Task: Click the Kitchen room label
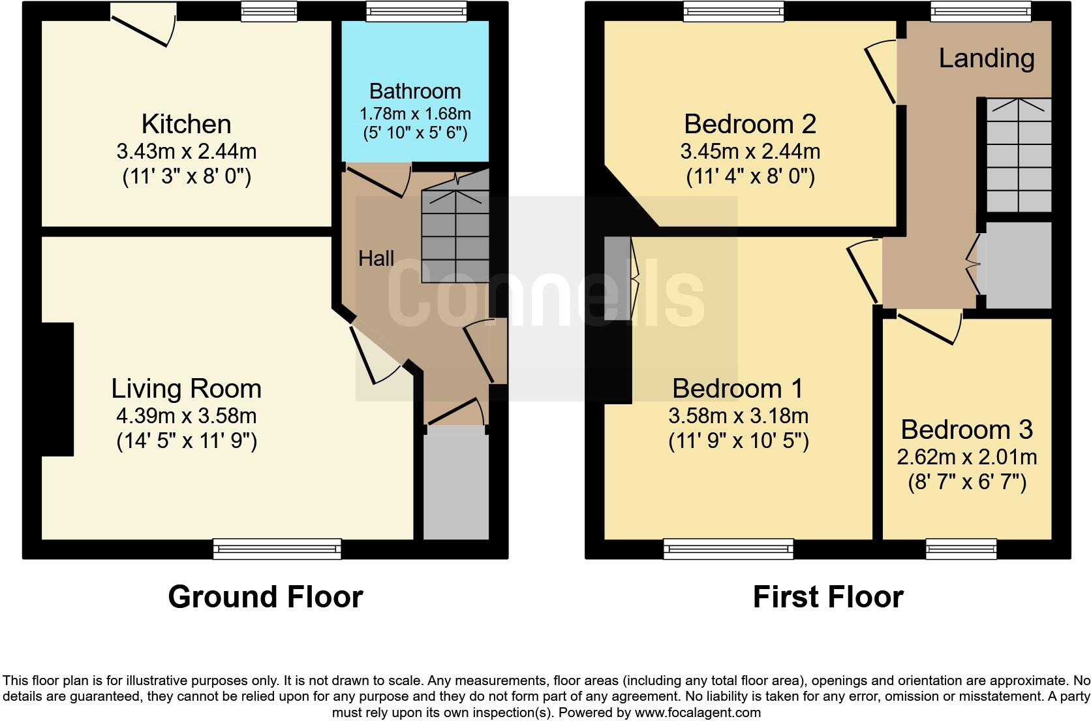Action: coord(186,124)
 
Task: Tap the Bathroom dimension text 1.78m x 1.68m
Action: coord(415,114)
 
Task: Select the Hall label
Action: coord(376,259)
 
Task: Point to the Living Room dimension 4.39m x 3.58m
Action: coord(187,415)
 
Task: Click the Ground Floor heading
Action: coord(265,597)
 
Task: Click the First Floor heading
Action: coord(827,597)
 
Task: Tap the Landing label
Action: coord(986,59)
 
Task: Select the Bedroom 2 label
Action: coord(750,124)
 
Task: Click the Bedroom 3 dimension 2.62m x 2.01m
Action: coord(966,457)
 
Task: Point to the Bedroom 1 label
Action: coord(738,389)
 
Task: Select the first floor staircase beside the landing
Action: coord(1018,155)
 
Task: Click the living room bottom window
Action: coord(277,549)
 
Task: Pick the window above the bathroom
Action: coord(416,10)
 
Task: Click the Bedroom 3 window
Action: coord(961,549)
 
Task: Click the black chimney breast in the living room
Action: coord(57,389)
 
